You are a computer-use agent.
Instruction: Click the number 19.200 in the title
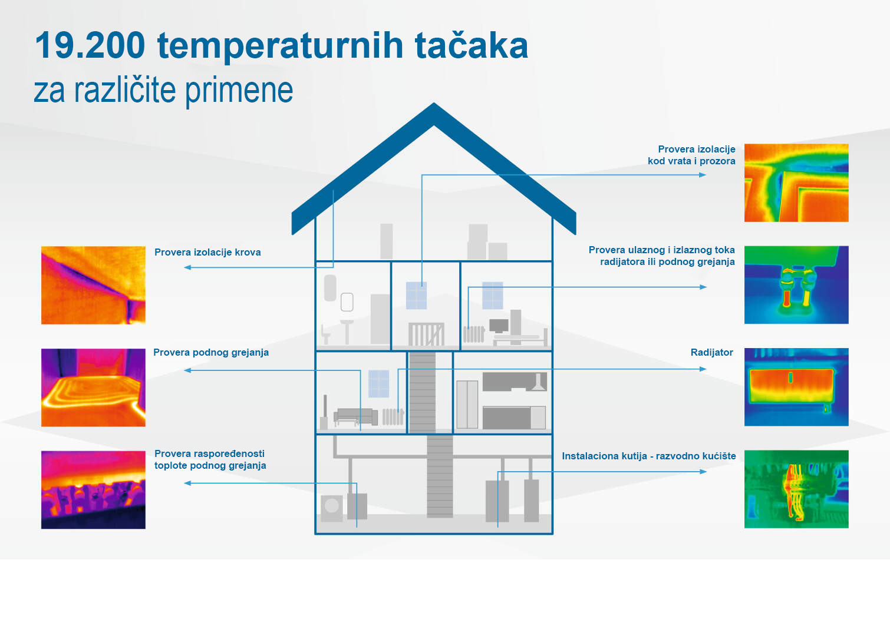90,45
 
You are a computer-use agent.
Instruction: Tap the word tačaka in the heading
472,45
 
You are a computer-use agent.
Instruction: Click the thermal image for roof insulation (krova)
93,285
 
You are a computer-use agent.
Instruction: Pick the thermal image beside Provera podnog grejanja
93,387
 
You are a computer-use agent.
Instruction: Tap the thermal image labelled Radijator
796,387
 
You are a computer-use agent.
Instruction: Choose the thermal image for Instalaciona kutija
796,489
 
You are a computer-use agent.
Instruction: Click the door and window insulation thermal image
796,183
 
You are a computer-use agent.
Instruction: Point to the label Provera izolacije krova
207,252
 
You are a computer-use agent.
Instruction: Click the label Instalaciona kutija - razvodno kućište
648,456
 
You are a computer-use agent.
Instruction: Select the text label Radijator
711,352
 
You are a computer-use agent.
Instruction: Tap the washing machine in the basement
332,507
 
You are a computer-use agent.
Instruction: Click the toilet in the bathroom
325,335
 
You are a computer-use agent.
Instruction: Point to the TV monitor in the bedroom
499,326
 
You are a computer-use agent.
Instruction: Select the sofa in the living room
355,416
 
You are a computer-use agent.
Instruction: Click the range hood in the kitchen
538,383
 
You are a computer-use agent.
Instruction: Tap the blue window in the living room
378,383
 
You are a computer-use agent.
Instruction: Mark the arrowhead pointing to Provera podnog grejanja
187,370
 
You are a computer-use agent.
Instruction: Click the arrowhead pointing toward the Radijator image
703,369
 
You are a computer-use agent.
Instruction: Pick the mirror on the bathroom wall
347,302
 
